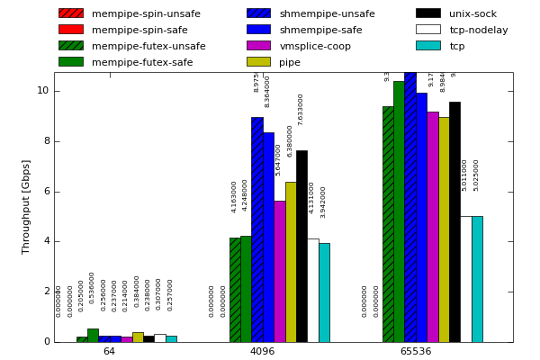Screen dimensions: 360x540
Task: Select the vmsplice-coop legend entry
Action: [x=315, y=46]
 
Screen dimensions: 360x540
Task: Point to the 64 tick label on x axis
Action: [x=109, y=351]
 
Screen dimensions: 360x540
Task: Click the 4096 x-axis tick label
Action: [x=262, y=351]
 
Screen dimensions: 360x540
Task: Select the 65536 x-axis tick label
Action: [x=416, y=351]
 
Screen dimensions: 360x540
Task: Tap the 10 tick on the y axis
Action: [x=42, y=91]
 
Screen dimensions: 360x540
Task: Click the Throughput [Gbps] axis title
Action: [x=27, y=206]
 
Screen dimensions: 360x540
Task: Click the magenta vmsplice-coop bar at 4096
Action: [x=279, y=271]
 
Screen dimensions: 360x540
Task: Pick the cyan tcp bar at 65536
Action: [x=477, y=279]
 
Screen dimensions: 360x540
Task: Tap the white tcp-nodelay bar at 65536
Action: [x=465, y=279]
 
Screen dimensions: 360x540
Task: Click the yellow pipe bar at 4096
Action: [x=291, y=261]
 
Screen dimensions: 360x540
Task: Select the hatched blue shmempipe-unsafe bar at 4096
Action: [x=256, y=229]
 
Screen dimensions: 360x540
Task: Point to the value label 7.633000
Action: [x=301, y=109]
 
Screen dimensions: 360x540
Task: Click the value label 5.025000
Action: [x=476, y=175]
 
